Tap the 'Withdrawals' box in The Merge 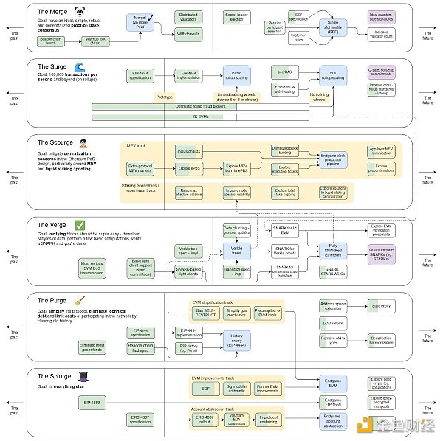(x=188, y=34)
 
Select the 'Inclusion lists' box (x=189, y=151)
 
